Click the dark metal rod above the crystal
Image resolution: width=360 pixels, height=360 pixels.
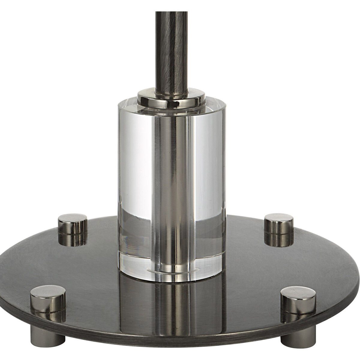point(171,45)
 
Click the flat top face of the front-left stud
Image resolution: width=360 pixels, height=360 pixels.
point(48,292)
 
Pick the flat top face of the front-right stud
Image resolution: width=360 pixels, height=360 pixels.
point(298,292)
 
